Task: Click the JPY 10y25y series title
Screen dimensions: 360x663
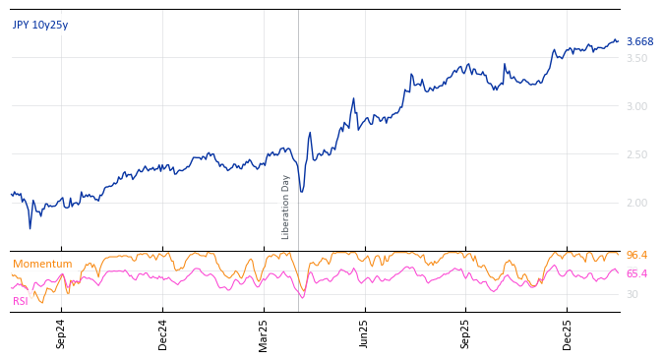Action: coord(40,26)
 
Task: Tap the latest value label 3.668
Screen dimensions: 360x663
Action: coord(639,41)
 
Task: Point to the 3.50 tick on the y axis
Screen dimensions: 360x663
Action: coord(636,58)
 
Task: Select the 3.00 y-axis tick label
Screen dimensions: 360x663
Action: coord(636,106)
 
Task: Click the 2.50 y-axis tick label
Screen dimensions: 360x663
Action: coord(636,154)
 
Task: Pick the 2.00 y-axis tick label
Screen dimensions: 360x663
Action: coord(636,203)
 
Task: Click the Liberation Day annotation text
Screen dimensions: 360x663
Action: coord(286,207)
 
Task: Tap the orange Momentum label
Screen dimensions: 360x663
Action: coord(42,264)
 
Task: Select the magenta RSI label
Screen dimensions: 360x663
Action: coord(21,301)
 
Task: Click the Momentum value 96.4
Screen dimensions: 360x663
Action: coord(636,256)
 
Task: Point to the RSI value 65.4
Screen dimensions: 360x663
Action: coord(636,273)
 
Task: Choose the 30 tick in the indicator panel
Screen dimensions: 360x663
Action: coord(633,294)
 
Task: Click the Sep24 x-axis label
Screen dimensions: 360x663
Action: coord(61,333)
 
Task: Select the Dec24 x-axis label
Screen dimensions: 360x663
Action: coord(163,333)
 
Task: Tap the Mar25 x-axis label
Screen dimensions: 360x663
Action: coord(264,333)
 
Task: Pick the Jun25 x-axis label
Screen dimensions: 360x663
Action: coord(365,333)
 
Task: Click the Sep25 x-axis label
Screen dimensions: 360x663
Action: coord(466,333)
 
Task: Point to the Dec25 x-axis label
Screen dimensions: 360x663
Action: coord(568,333)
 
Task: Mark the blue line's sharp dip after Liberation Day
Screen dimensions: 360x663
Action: coord(301,191)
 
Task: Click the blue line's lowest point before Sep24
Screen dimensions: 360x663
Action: coord(30,228)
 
